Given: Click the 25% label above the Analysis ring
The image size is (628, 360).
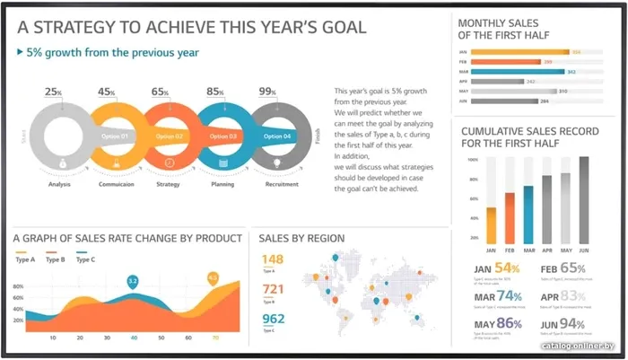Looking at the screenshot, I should (54, 92).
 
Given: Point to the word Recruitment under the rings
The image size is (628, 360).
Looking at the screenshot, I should (281, 184).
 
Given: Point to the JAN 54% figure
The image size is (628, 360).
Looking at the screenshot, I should (496, 268).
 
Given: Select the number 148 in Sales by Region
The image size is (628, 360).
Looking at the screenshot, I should (273, 260).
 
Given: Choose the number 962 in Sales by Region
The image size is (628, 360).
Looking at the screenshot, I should (273, 319).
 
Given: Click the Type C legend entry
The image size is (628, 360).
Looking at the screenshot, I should (86, 259).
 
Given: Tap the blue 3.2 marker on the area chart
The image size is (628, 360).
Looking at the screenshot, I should (133, 282).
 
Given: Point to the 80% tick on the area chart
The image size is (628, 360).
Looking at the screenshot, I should (18, 286).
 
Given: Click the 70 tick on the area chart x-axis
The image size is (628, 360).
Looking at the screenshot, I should (215, 338).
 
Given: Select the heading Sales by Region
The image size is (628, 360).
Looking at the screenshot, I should (301, 238).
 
